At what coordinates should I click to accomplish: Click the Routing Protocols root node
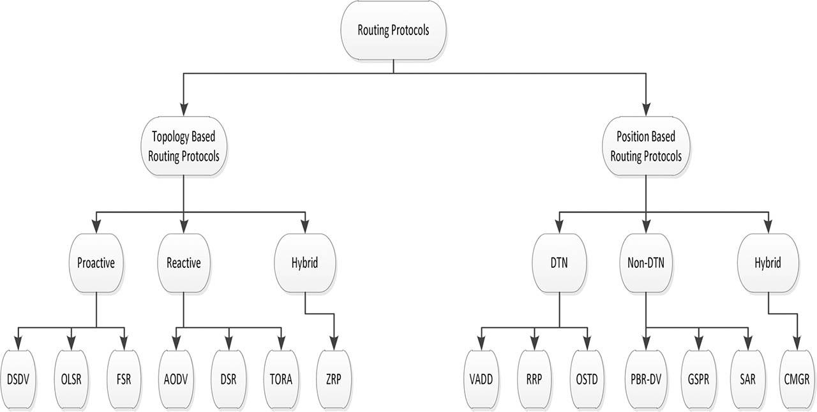click(x=393, y=31)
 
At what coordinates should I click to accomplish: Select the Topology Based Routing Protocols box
click(x=184, y=146)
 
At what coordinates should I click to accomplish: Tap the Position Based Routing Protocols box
click(x=646, y=146)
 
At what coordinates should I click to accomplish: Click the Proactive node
click(x=96, y=263)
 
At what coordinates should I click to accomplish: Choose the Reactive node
click(x=184, y=263)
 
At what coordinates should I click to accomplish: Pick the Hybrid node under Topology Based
click(x=305, y=263)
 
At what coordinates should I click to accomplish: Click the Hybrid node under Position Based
click(x=768, y=263)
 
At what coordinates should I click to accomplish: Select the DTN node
click(x=559, y=263)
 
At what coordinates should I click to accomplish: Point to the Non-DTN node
click(x=646, y=263)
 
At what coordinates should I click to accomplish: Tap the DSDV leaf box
click(x=18, y=379)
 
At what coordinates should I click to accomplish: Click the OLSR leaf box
click(x=71, y=379)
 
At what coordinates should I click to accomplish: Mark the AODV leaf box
click(x=176, y=379)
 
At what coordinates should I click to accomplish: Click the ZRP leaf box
click(x=334, y=379)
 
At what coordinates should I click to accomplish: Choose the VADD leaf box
click(x=481, y=379)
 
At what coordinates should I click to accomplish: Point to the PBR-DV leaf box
click(x=646, y=379)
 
